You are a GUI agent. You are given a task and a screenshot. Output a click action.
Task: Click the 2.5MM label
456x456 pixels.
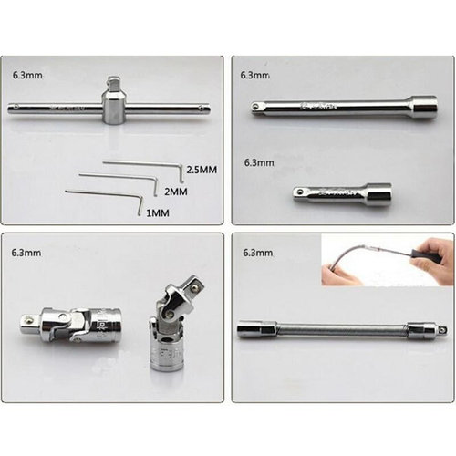(x=200, y=171)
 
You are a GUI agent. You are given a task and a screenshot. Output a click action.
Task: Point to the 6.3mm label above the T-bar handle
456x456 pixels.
(x=27, y=77)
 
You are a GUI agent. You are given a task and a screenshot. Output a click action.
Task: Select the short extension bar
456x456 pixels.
(x=342, y=193)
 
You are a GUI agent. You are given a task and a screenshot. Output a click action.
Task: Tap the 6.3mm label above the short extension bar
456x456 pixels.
(x=259, y=162)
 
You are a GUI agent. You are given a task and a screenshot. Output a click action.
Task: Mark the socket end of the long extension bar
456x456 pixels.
(x=421, y=108)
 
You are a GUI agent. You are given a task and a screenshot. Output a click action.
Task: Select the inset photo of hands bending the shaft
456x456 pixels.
(x=388, y=262)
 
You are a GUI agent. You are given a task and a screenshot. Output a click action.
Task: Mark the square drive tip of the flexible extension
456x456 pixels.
(x=441, y=329)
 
